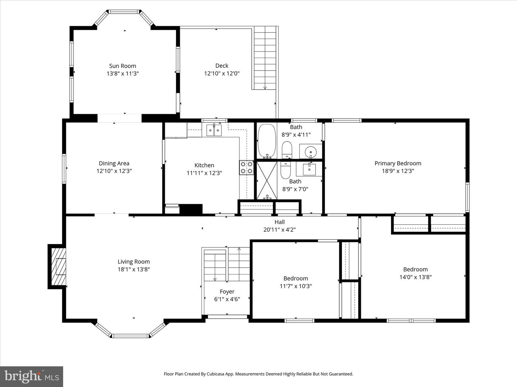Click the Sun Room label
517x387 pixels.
[x=122, y=66]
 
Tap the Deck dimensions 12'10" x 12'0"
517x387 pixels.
[x=222, y=73]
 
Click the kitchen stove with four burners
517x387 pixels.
[x=246, y=168]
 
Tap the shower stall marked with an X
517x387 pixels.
[x=267, y=180]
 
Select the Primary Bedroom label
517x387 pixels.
[x=398, y=163]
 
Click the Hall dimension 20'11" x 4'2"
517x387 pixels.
[x=279, y=230]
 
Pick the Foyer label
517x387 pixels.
[x=227, y=292]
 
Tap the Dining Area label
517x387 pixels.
[x=114, y=163]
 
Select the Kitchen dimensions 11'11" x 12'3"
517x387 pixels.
[x=204, y=173]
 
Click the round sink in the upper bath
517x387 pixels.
[x=310, y=152]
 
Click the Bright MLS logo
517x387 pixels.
[x=32, y=376]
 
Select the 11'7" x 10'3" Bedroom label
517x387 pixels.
[x=295, y=278]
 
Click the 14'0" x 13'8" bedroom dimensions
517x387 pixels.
[x=415, y=277]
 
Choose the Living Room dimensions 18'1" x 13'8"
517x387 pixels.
[x=134, y=269]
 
